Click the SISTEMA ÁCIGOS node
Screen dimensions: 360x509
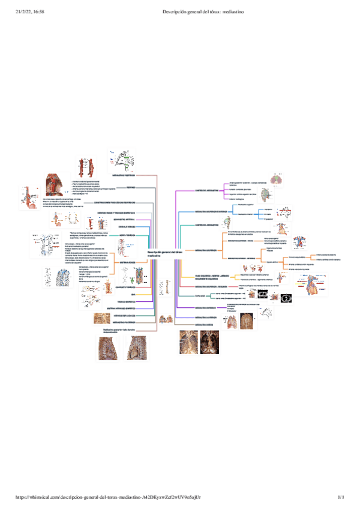128,262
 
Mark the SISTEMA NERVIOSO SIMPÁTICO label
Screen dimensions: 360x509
121,309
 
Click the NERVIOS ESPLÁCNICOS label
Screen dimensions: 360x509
125,316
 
